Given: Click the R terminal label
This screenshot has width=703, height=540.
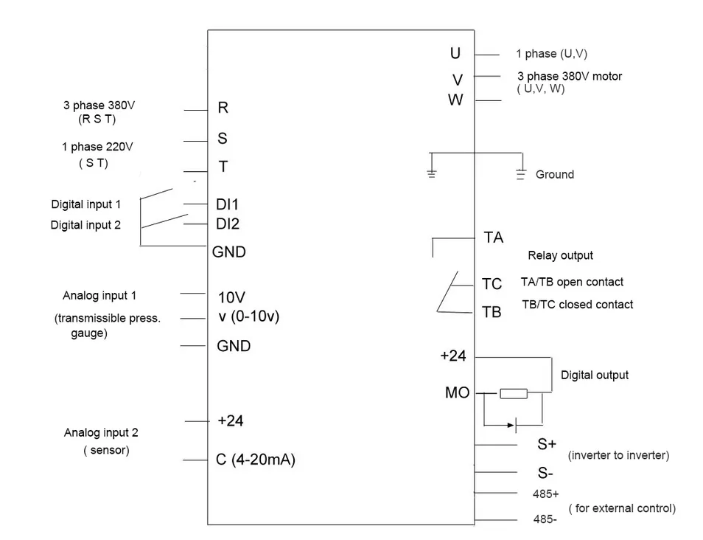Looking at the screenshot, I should (x=223, y=108).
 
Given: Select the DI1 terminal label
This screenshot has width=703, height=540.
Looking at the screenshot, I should (x=227, y=204).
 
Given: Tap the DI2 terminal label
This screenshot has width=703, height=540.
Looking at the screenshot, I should (x=227, y=224).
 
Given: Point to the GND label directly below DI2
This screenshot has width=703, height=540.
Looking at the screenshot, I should (x=229, y=252).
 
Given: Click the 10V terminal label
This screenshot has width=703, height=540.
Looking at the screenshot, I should (x=231, y=298).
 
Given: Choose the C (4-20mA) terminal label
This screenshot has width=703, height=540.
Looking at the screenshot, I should (x=255, y=460).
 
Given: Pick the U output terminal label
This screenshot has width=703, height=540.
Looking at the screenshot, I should (x=455, y=53).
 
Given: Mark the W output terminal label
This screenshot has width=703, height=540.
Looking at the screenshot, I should (x=455, y=100).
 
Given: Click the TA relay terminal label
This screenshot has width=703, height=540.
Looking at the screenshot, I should (x=494, y=238).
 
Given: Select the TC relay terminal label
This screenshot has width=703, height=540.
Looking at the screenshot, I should (x=492, y=284).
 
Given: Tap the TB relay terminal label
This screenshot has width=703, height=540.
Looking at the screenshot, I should (x=492, y=312).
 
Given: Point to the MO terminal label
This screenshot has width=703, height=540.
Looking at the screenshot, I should (x=457, y=393).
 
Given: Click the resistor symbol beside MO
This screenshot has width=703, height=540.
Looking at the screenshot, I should (x=514, y=394).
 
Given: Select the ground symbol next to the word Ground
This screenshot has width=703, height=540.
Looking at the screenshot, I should (x=521, y=175).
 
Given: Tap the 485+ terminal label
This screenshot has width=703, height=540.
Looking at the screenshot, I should (x=545, y=494).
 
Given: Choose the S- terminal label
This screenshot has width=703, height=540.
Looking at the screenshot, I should (x=545, y=473).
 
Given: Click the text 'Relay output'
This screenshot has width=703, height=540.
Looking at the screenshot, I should (x=560, y=256).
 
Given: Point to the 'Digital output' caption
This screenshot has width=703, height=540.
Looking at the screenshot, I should (x=595, y=375).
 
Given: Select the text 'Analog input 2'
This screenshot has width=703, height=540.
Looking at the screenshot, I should (x=101, y=433).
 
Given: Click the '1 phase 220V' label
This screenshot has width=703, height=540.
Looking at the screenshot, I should (x=92, y=147).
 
